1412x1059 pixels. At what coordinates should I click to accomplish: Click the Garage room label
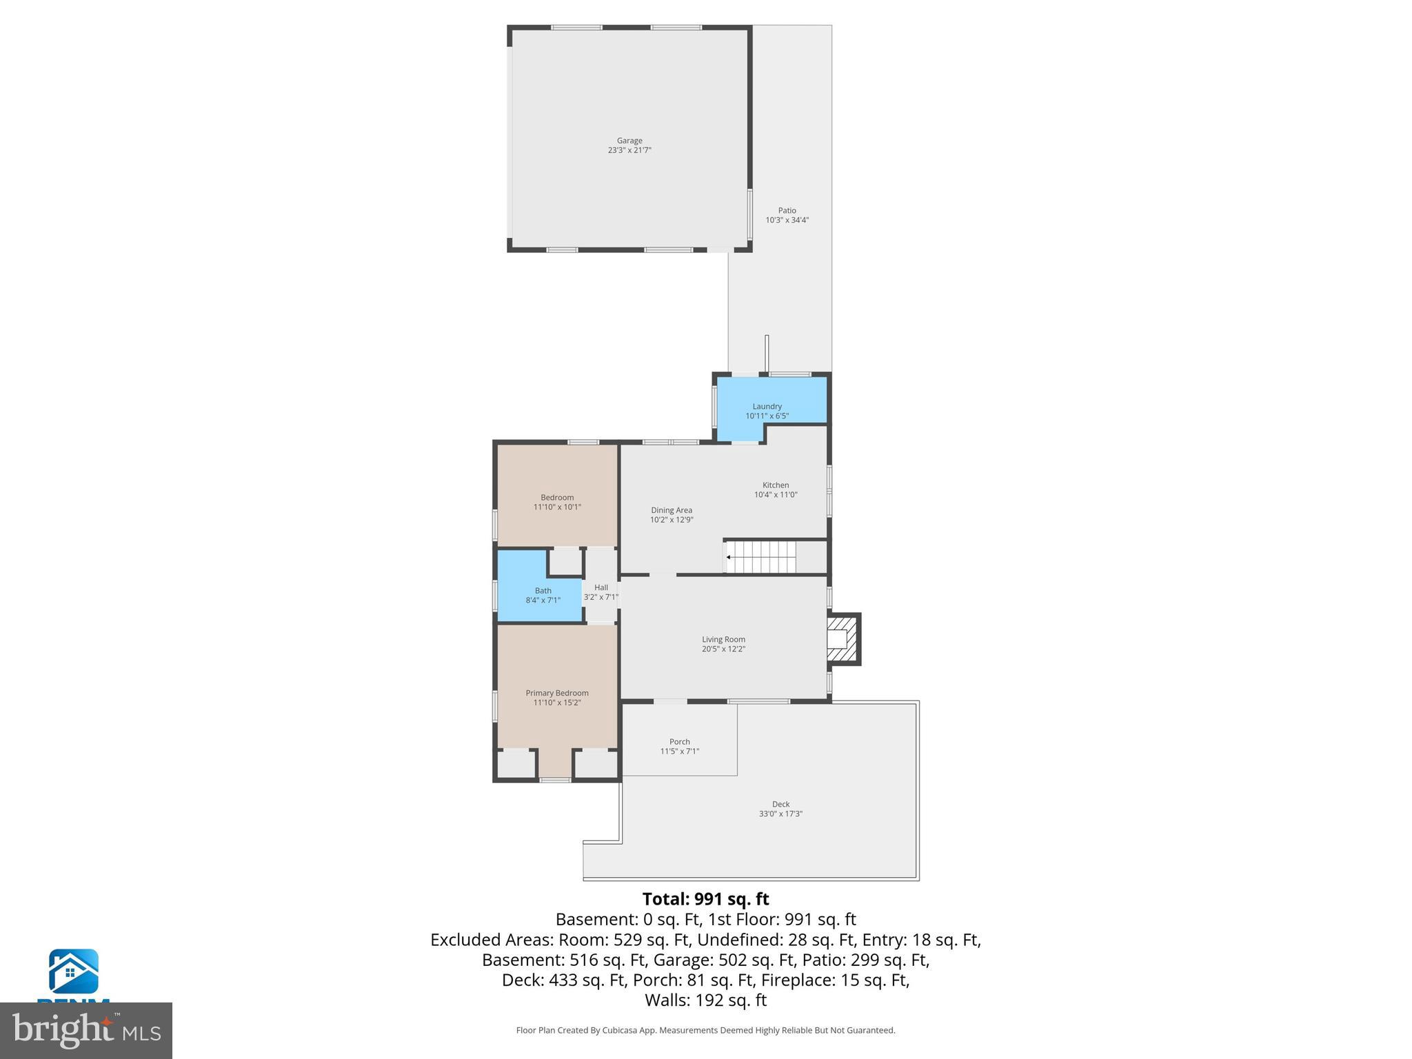[x=629, y=141]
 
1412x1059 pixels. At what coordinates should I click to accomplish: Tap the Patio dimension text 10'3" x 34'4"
[x=787, y=221]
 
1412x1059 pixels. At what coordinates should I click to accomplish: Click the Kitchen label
[x=776, y=485]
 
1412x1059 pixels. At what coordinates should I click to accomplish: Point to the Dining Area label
[x=671, y=510]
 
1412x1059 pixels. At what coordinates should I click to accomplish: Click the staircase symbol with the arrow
[x=761, y=557]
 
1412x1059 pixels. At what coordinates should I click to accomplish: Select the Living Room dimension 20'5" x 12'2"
[x=723, y=649]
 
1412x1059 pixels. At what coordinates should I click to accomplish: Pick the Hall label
[x=601, y=587]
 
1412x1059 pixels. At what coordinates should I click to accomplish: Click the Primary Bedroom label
[x=557, y=693]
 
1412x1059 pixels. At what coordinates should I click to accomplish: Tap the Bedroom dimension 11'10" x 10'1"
[x=557, y=507]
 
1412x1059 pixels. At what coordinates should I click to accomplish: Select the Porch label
[x=679, y=742]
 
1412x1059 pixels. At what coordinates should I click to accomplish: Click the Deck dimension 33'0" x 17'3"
[x=780, y=814]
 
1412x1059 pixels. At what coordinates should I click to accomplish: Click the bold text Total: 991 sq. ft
[x=705, y=899]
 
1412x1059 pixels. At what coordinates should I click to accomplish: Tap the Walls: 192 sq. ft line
[x=705, y=1000]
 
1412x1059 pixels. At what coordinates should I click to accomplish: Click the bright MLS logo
[x=85, y=1030]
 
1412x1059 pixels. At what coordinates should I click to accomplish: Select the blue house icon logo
[x=73, y=971]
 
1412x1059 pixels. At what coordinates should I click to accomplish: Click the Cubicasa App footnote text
[x=705, y=1030]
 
